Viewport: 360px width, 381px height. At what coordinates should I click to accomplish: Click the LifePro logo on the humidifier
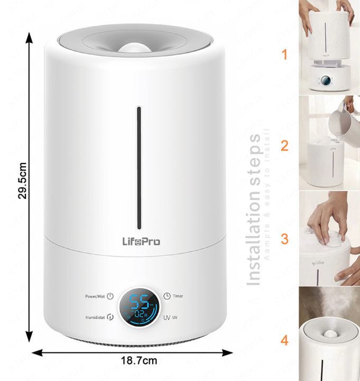coord(138,241)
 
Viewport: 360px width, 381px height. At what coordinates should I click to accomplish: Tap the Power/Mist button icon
coord(110,297)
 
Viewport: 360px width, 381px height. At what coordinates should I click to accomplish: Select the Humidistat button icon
coord(110,317)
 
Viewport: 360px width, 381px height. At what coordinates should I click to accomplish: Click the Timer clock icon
coord(167,297)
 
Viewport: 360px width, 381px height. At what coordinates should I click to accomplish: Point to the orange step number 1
coord(284,55)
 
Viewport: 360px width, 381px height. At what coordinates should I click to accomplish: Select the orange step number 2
coord(284,146)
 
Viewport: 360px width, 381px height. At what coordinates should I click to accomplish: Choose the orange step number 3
coord(284,239)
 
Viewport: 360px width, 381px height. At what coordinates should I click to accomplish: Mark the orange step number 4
coord(284,340)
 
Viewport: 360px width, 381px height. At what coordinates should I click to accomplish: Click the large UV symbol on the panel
coord(167,317)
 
